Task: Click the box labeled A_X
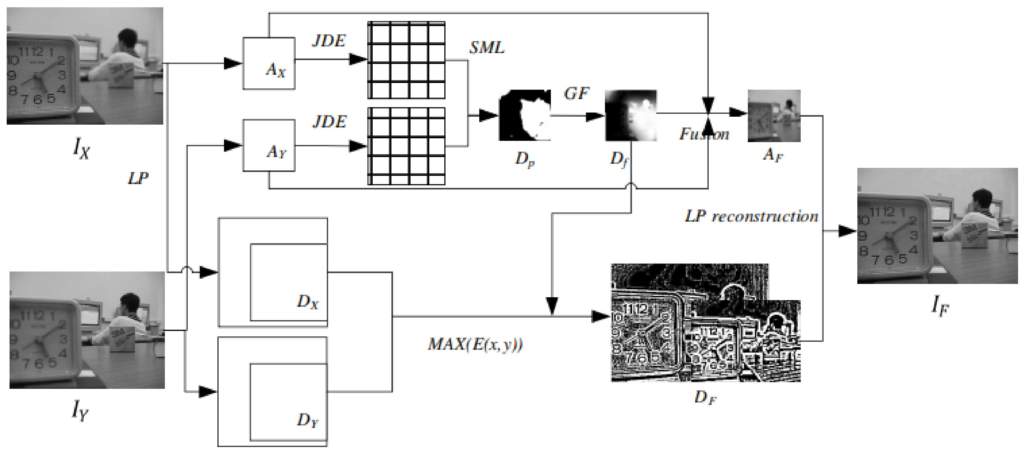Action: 269,63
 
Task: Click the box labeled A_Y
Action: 269,145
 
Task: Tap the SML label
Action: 487,48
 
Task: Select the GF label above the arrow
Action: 576,93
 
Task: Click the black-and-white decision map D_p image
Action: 524,115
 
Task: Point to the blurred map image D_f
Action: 631,115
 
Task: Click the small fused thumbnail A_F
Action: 774,116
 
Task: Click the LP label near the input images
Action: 138,179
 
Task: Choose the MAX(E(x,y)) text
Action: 475,344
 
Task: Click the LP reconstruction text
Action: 751,217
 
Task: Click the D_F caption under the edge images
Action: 705,397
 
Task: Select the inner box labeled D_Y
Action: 289,402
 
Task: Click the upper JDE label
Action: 329,41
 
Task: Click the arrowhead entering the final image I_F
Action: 847,231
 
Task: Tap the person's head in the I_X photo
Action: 127,37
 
